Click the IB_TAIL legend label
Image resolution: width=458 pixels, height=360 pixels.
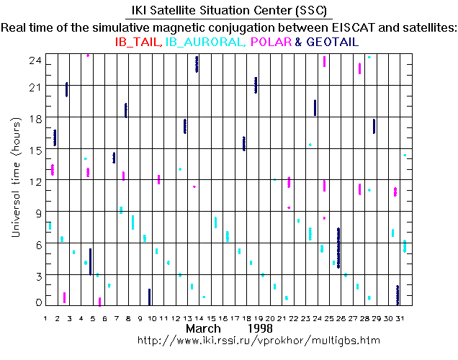(x=139, y=42)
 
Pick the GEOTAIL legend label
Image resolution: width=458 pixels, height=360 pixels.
(x=333, y=42)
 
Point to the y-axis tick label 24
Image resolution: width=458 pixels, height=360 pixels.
(x=32, y=62)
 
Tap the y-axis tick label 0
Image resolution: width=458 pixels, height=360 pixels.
(x=35, y=303)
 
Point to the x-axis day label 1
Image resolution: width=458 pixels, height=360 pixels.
(x=45, y=318)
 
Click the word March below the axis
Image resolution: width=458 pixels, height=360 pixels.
(x=204, y=328)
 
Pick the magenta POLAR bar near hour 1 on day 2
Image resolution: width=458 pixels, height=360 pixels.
(x=65, y=297)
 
